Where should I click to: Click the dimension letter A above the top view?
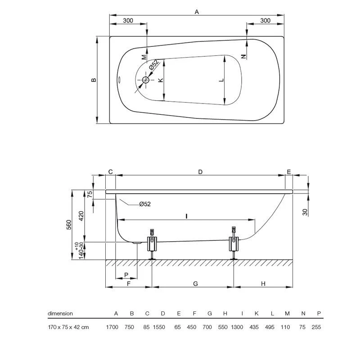pos(197,13)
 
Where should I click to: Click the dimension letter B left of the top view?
pos(94,80)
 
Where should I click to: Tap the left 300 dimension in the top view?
pos(128,21)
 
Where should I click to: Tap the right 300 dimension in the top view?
pos(265,21)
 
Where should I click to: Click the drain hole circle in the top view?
pos(145,81)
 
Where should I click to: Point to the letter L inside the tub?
pos(221,80)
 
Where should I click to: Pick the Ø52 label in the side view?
pos(144,204)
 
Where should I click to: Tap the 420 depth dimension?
pos(81,216)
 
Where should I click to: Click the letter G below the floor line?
pos(195,283)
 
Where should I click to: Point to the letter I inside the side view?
pos(186,216)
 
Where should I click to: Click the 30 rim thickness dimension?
pos(305,212)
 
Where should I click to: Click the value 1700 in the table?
pos(112,327)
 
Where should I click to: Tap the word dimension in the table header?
pos(60,314)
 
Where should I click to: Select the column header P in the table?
pos(319,314)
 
